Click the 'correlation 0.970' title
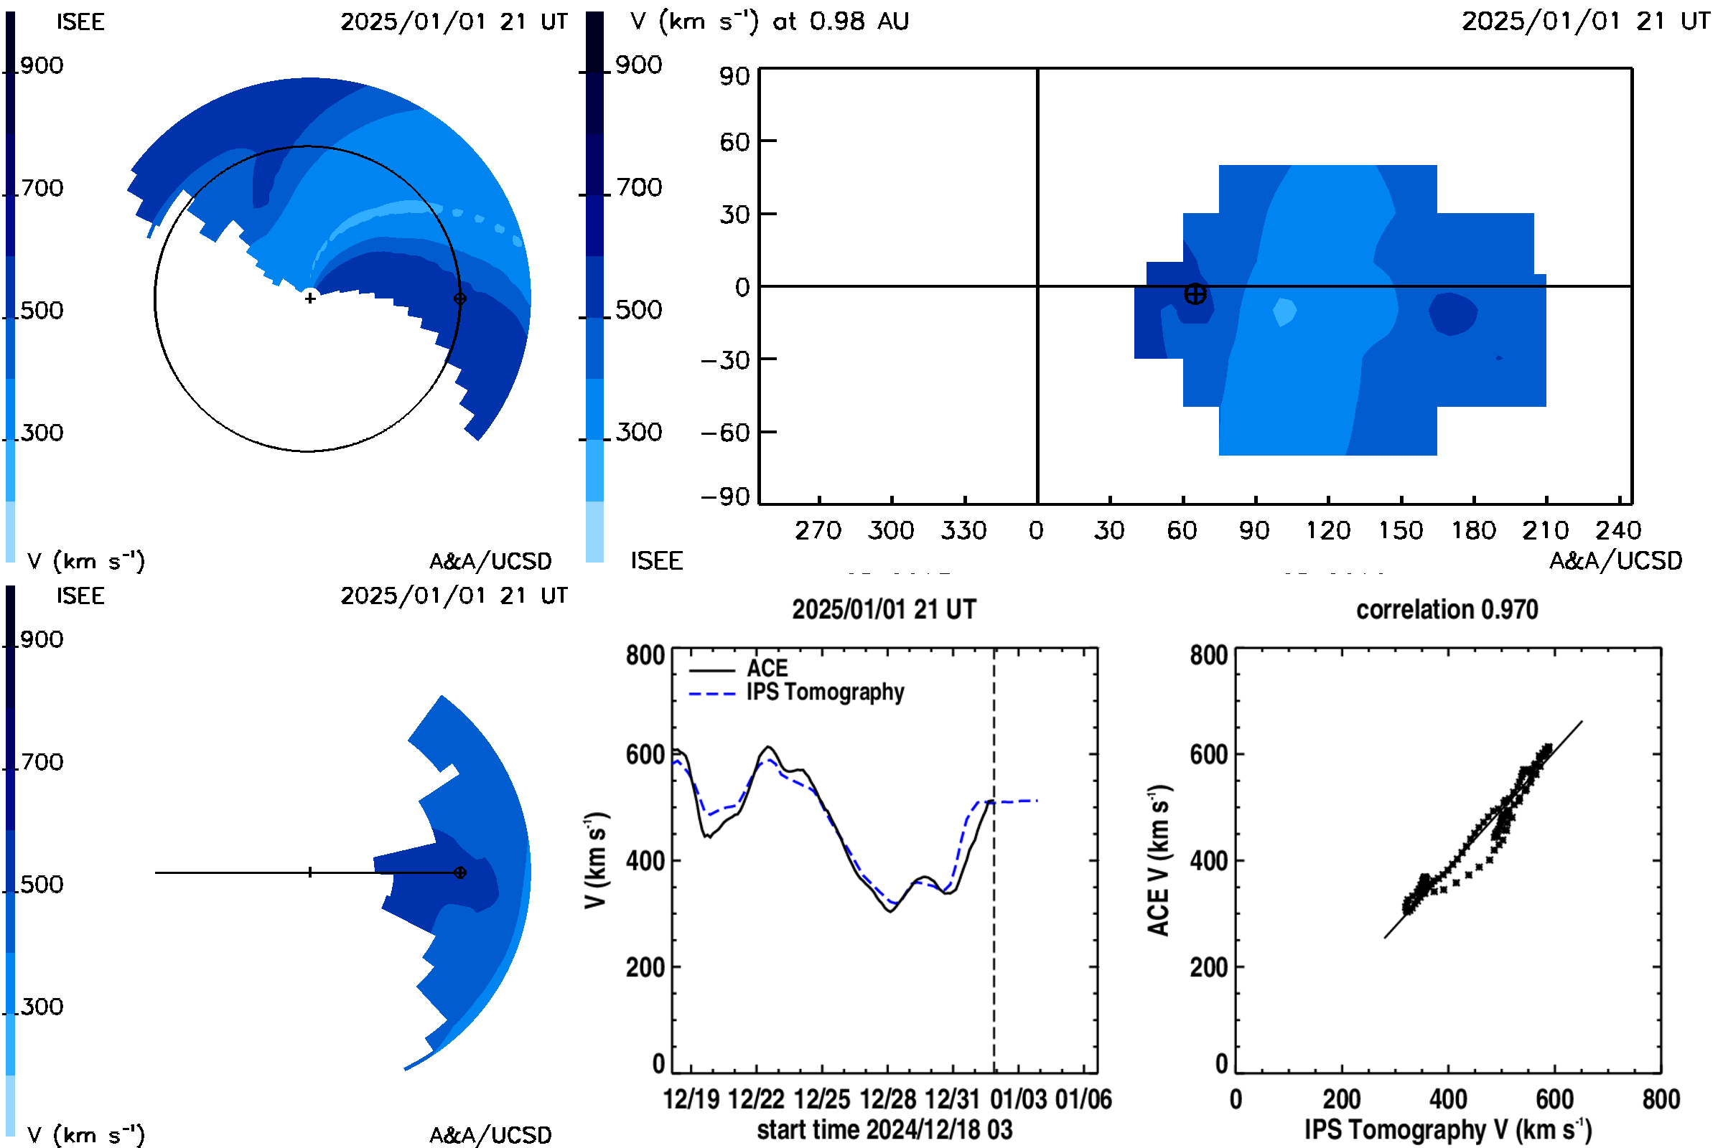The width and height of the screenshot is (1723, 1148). [1447, 609]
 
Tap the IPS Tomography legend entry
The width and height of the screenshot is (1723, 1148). [796, 692]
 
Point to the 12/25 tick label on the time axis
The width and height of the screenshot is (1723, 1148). [822, 1099]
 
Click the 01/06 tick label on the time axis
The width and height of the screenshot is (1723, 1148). [1083, 1099]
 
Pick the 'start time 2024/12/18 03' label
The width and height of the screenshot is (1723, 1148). [885, 1129]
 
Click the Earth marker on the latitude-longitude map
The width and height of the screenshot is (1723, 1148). [1195, 294]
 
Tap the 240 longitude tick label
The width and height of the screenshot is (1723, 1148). [1618, 530]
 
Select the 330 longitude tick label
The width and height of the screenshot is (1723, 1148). [964, 530]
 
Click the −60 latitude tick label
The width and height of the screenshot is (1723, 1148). [725, 433]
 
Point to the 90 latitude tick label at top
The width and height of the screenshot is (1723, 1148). [734, 76]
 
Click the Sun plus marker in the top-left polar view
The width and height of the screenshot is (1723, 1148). [311, 298]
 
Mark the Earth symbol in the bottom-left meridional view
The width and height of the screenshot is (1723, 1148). [460, 872]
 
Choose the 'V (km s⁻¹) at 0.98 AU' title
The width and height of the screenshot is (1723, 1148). [769, 22]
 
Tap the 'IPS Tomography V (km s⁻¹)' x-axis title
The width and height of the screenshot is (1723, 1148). [1447, 1129]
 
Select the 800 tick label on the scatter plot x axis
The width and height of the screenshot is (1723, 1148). [1661, 1099]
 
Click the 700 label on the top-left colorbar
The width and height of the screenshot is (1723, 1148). [42, 188]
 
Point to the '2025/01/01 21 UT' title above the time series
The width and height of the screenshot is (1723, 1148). [884, 609]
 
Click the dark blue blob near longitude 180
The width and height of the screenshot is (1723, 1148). [1452, 314]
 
